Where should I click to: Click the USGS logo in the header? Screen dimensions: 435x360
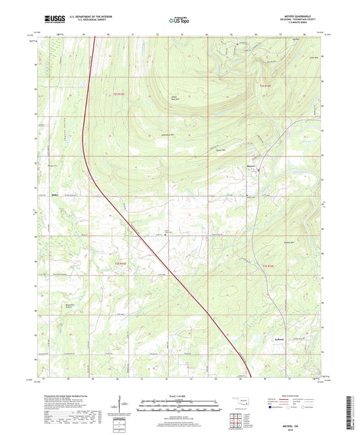(x=52, y=20)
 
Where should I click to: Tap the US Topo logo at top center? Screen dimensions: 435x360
(x=180, y=20)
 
